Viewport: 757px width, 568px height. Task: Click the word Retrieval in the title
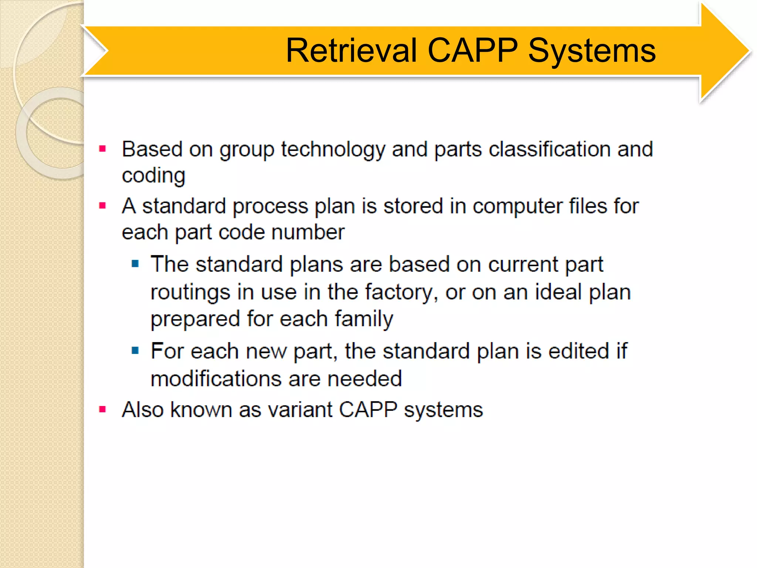coord(351,51)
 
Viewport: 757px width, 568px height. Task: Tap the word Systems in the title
coord(591,51)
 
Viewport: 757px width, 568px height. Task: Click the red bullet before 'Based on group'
coord(103,149)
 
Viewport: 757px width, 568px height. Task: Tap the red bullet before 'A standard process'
coord(103,206)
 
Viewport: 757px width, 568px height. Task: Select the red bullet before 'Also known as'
coord(103,409)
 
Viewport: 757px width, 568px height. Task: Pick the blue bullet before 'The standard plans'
coord(135,264)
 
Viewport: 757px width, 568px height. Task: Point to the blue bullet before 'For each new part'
coord(135,350)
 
